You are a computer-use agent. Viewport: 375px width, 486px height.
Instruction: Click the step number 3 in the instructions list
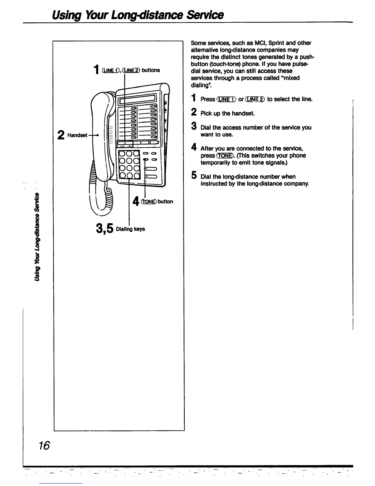(193, 126)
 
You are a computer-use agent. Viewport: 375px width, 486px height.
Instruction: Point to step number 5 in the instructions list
(193, 175)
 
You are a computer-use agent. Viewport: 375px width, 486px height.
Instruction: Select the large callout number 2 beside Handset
(62, 135)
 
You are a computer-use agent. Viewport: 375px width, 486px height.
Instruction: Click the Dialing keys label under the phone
(131, 229)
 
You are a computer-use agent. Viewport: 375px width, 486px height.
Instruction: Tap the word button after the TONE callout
(165, 202)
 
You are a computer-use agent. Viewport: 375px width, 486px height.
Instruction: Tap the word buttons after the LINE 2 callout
(151, 70)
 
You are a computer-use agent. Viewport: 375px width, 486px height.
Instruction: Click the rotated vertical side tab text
(37, 236)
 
